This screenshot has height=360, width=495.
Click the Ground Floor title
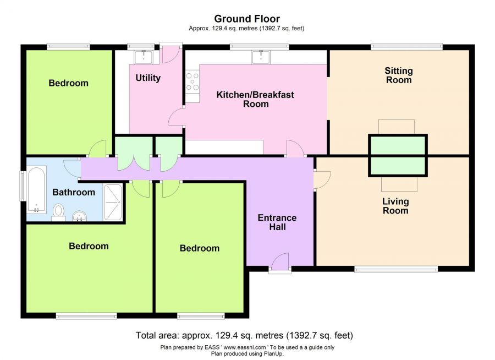[247, 19]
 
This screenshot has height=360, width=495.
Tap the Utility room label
[148, 78]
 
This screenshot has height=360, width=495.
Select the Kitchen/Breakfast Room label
[255, 99]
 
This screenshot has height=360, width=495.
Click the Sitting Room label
[399, 75]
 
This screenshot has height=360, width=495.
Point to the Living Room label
[395, 206]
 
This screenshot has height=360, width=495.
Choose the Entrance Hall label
[277, 222]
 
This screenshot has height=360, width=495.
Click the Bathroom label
[74, 192]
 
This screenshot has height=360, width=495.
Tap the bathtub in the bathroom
[36, 190]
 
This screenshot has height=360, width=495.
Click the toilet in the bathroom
[58, 212]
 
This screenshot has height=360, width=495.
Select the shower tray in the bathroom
[113, 202]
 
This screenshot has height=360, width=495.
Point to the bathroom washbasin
[80, 216]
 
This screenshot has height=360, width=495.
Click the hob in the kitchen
[193, 81]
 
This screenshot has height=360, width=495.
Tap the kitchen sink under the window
[261, 57]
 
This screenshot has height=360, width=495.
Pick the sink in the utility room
[144, 57]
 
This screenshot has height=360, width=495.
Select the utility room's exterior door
[171, 53]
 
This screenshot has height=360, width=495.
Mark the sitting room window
[406, 47]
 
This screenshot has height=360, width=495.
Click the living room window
[396, 269]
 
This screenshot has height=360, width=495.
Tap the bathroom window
[23, 186]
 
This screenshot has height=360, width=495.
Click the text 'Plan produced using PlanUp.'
[247, 354]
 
